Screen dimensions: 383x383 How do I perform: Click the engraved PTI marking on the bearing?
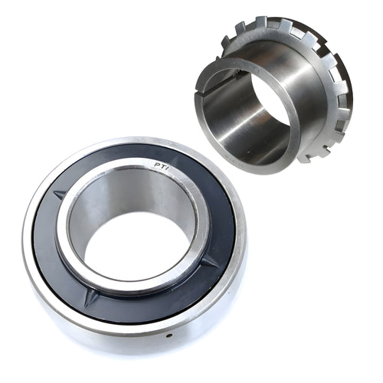pos(160,165)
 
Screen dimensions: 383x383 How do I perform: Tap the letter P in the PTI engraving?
pos(155,165)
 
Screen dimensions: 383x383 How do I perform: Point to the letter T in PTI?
pos(160,165)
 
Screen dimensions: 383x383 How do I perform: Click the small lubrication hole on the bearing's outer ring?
pos(168,336)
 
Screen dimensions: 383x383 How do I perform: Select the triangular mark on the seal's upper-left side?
pos(60,193)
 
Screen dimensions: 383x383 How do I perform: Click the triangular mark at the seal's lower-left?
pos(90,296)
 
